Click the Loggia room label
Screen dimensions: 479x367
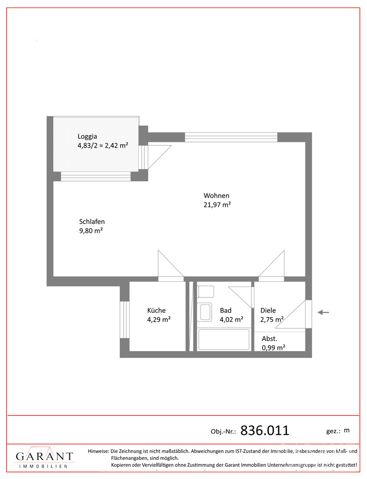point(87,135)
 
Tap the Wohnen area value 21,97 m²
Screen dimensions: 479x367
point(217,205)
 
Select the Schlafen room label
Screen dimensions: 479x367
point(92,221)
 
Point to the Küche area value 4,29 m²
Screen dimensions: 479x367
point(159,320)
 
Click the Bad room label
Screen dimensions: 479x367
point(226,310)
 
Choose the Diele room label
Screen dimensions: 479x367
point(268,310)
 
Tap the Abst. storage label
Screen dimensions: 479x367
point(270,338)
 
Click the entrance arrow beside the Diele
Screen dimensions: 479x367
point(323,312)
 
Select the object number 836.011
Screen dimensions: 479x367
point(265,431)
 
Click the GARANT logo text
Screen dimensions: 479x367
point(44,456)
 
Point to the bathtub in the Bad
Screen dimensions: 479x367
point(224,340)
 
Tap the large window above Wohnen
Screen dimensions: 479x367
point(231,137)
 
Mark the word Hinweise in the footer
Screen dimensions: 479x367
point(98,451)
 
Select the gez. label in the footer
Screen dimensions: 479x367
point(333,431)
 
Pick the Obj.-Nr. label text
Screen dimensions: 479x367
point(223,432)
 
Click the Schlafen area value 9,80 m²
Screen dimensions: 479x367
point(91,231)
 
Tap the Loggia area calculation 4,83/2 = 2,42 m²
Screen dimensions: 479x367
point(103,145)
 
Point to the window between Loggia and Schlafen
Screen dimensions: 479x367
point(96,176)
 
